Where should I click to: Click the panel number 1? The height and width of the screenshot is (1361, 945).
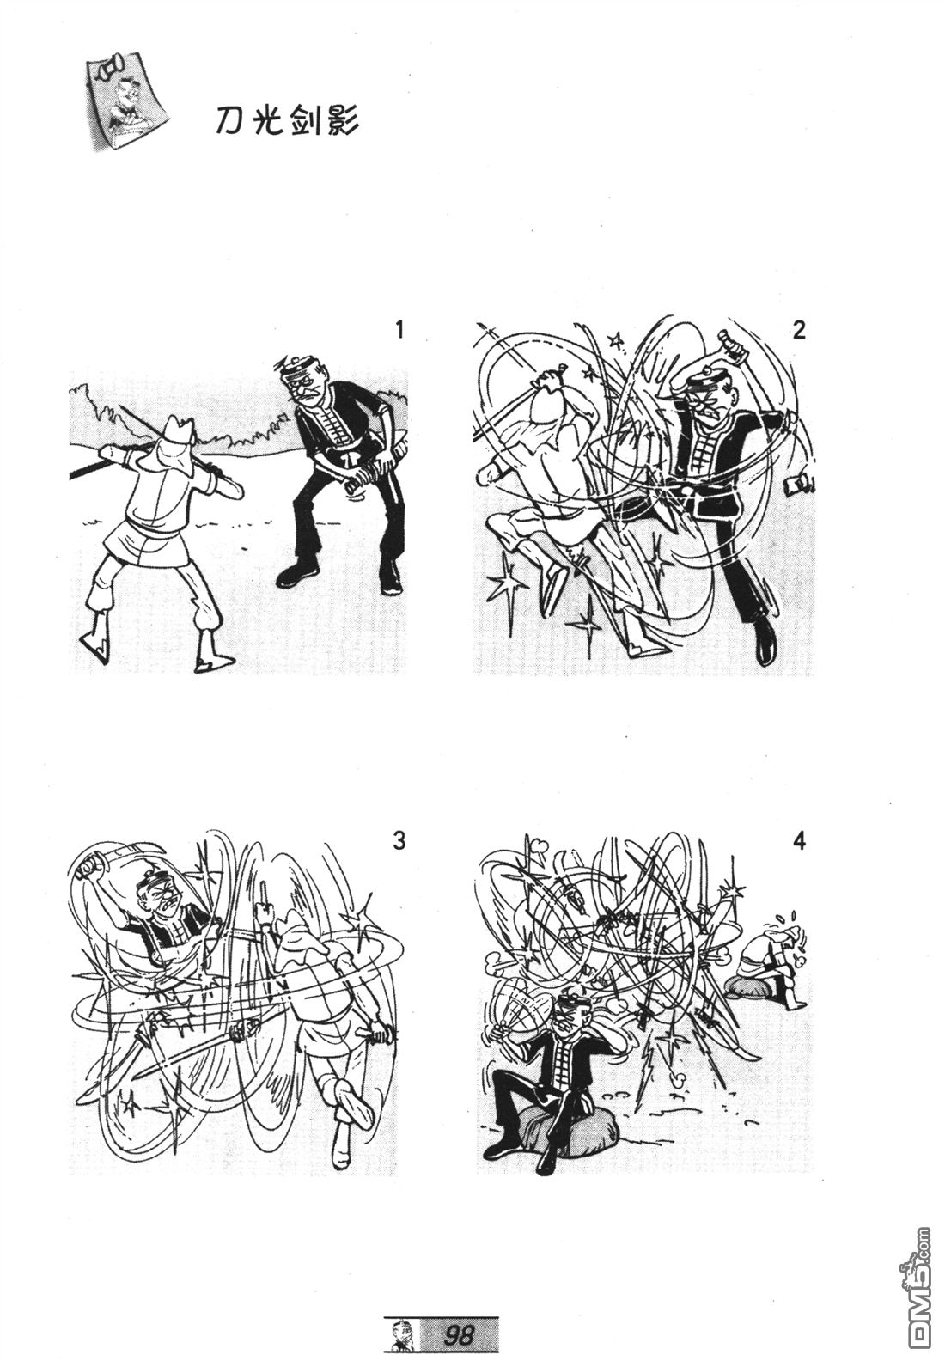click(x=399, y=331)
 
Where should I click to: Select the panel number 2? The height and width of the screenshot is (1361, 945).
click(x=799, y=331)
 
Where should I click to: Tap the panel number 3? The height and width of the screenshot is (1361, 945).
click(x=399, y=841)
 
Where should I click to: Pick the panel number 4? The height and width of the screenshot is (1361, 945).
click(x=799, y=841)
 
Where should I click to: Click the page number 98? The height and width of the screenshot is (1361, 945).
click(x=459, y=1334)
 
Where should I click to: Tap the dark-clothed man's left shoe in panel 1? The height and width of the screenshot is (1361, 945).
click(x=296, y=575)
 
